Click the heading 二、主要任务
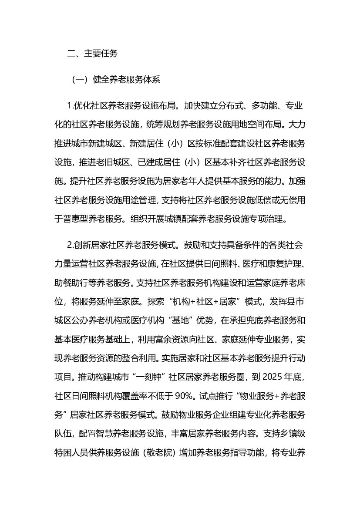(x=92, y=54)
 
